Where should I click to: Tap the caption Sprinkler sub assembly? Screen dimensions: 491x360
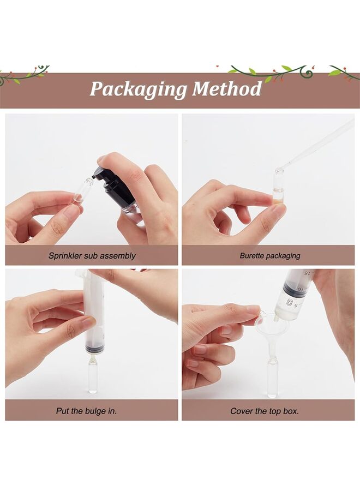tap(92, 255)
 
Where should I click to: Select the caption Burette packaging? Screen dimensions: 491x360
tap(269, 255)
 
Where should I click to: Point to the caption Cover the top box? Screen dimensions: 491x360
tap(264, 411)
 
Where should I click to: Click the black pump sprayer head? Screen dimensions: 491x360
tap(109, 185)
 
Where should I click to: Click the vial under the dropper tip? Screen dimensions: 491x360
tap(279, 188)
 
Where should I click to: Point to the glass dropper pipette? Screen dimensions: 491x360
tap(316, 145)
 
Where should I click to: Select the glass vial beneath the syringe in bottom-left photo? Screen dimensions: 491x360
tap(93, 376)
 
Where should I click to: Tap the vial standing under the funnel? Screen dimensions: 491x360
tap(272, 376)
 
